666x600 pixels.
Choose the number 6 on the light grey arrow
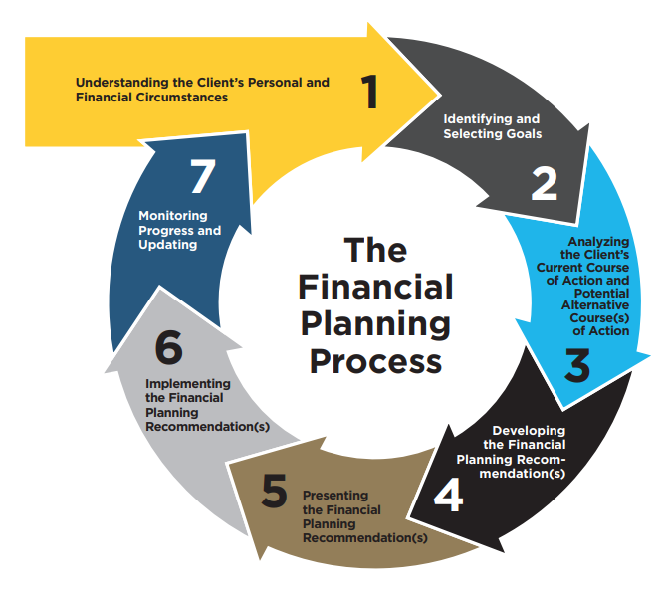coord(170,347)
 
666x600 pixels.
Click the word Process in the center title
coord(375,360)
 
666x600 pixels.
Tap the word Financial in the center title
coord(375,286)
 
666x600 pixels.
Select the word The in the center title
coord(374,250)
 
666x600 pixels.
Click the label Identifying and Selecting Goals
coord(492,126)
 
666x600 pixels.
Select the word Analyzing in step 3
coord(598,241)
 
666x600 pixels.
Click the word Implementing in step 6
coord(188,383)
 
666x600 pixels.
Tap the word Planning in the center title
coord(375,323)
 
